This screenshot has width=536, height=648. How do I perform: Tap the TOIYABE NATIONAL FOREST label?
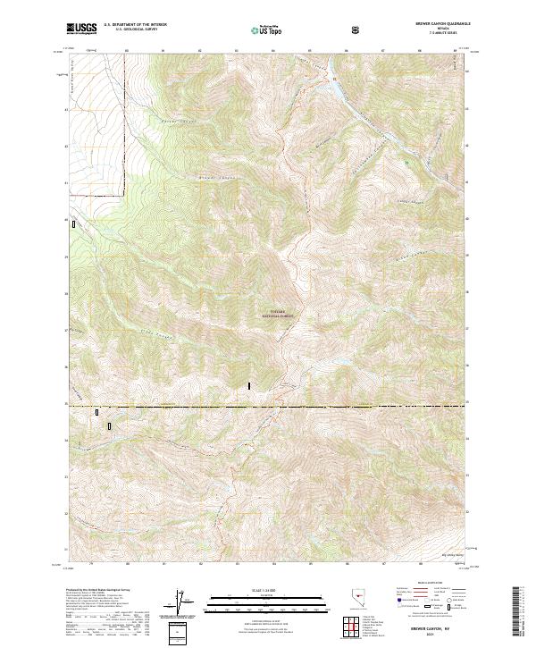[x=278, y=315]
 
